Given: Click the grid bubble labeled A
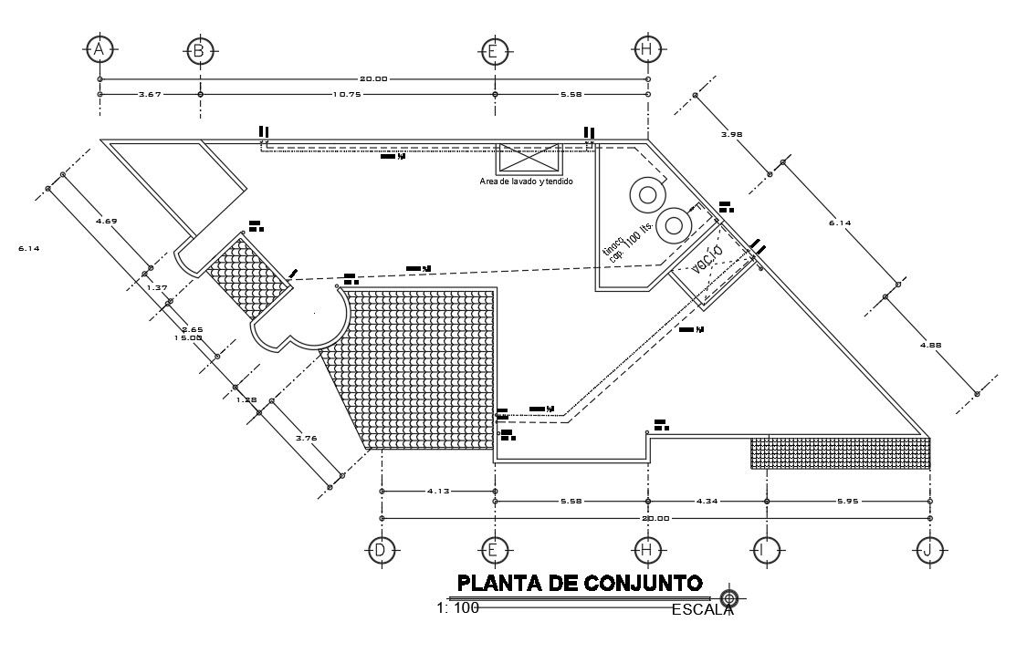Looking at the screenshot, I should pos(100,49).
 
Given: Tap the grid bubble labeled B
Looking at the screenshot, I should pos(199,49).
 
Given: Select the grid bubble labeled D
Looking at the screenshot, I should pos(381,549).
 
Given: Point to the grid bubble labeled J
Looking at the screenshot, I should pos(929,549).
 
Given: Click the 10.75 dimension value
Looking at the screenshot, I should pos(348,94).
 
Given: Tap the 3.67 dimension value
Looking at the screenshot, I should pos(150,94).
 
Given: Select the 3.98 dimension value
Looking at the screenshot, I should pos(731,134).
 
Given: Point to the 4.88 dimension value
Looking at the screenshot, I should pos(930,345).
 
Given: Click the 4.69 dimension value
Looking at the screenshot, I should pos(106,220).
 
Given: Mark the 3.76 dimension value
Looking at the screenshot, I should pos(307,438).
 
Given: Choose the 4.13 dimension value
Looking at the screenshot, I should pos(439,491).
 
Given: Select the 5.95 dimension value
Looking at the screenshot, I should pos(848,501).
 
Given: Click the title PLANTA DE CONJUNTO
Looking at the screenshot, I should pos(579,583).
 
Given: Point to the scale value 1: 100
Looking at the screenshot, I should pos(457,608).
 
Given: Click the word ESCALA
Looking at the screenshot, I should pos(701,610).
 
